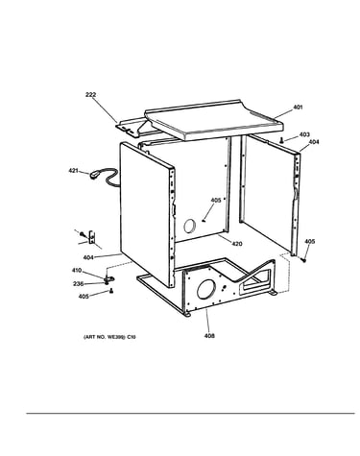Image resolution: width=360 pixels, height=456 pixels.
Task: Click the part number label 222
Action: coord(90,95)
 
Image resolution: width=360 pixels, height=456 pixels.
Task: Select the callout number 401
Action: coord(298,108)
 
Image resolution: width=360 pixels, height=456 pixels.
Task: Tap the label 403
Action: coord(304,134)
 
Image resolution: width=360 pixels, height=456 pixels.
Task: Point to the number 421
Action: coord(73,171)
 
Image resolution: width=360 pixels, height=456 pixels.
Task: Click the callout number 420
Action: coord(237,244)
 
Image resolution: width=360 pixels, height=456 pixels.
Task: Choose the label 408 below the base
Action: coord(209,336)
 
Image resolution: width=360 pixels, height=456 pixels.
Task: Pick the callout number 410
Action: coord(77,271)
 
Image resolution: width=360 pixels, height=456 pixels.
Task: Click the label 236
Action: coord(78,283)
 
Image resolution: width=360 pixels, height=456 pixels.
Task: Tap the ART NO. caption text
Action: coord(109,337)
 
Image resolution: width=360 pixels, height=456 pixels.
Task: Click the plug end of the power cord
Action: coord(95,175)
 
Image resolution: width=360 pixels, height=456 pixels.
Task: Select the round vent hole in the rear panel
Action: coord(189,227)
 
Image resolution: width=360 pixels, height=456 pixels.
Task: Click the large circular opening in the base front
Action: coord(205,289)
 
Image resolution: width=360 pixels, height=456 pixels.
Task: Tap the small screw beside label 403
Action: coord(281,140)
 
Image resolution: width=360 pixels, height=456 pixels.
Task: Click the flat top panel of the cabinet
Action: coord(214,119)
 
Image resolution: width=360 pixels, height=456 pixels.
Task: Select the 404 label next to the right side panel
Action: coord(314,142)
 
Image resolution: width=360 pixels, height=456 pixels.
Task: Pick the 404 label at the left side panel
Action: coord(88,257)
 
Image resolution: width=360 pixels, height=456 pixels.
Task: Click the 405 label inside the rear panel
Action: coord(216,201)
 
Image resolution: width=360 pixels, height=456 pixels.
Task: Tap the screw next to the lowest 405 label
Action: coord(111,291)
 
